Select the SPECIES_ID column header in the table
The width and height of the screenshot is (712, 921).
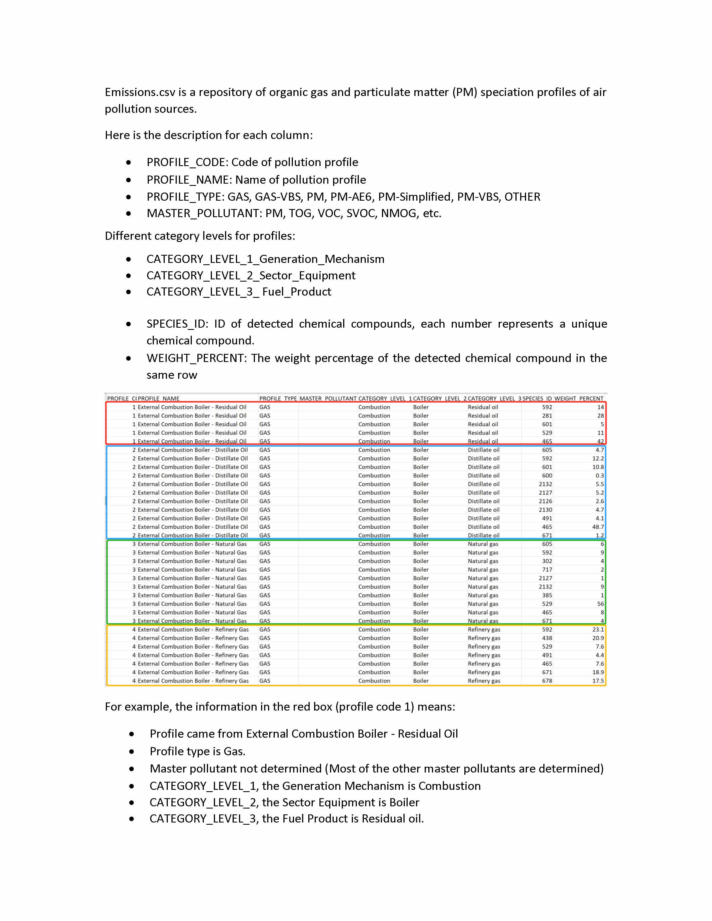537,399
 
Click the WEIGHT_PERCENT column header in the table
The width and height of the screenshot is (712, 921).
579,399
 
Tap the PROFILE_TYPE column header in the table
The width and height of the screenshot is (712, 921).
278,399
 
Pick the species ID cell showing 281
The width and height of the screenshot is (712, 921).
547,416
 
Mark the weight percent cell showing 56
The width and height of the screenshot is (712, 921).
600,604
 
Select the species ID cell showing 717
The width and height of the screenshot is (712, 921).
547,570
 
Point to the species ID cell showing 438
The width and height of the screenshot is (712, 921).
547,638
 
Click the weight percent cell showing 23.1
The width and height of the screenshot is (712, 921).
598,630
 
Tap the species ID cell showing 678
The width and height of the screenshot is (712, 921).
547,681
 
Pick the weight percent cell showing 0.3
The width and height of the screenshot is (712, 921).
599,476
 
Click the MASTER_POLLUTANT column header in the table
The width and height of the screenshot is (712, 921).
328,399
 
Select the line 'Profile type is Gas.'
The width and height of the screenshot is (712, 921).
197,752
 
